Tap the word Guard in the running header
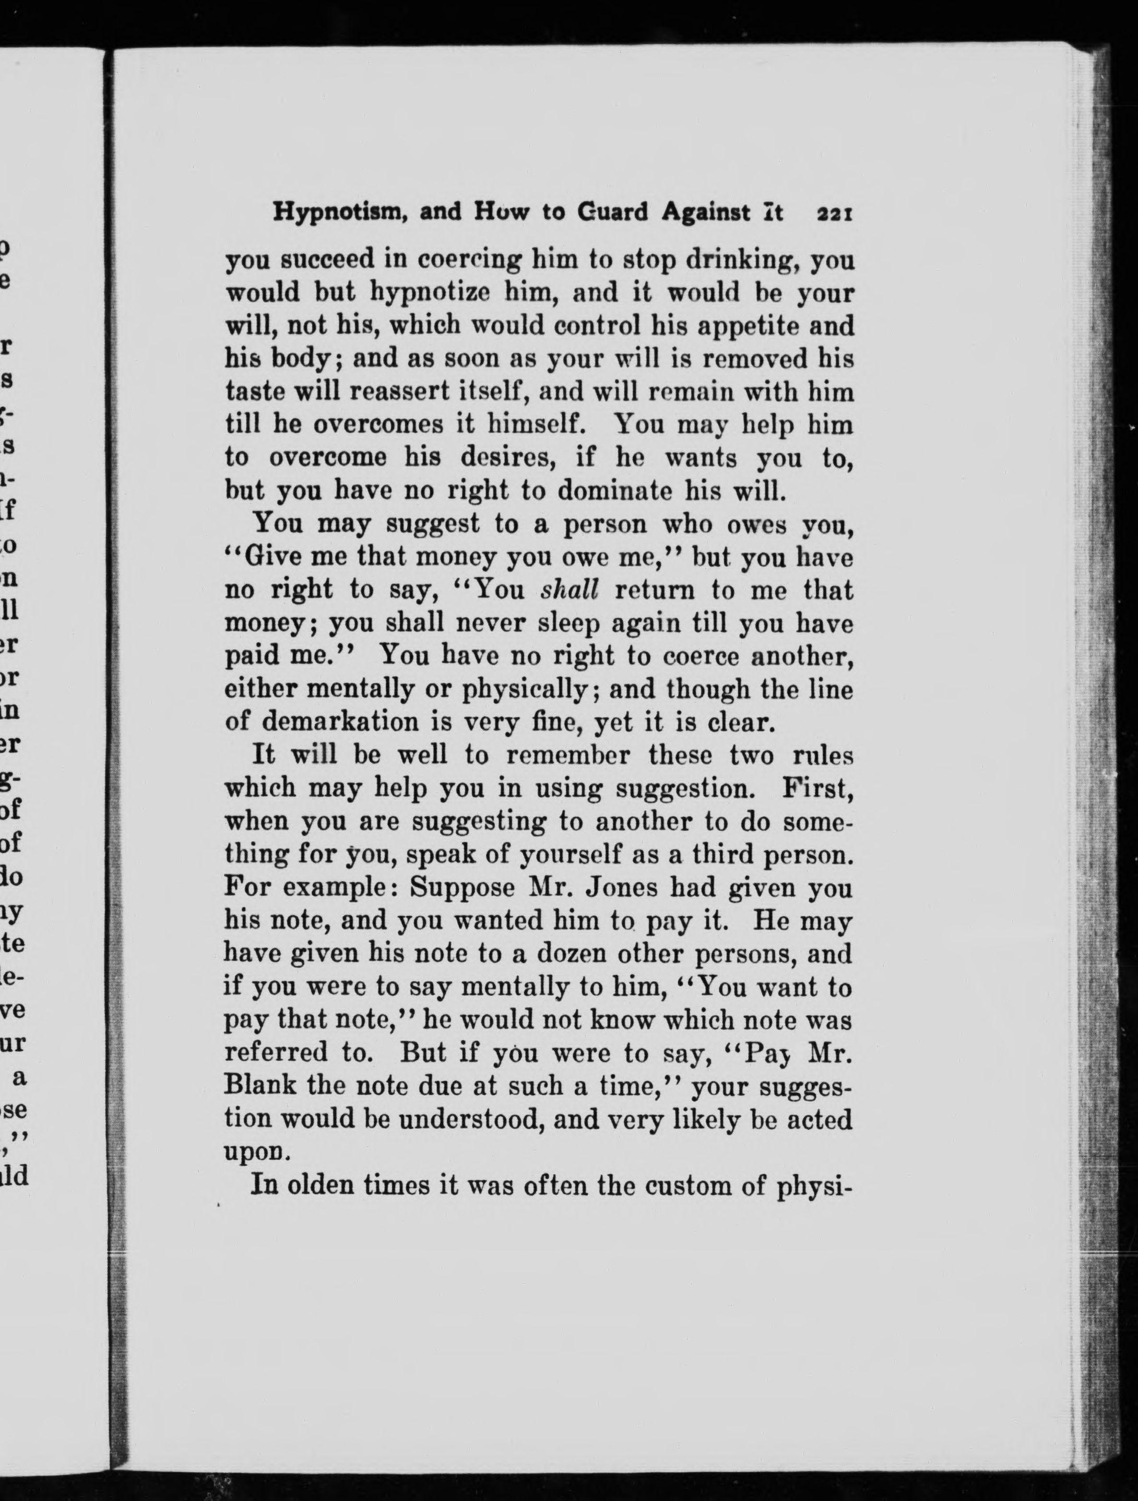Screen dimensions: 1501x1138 615,213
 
